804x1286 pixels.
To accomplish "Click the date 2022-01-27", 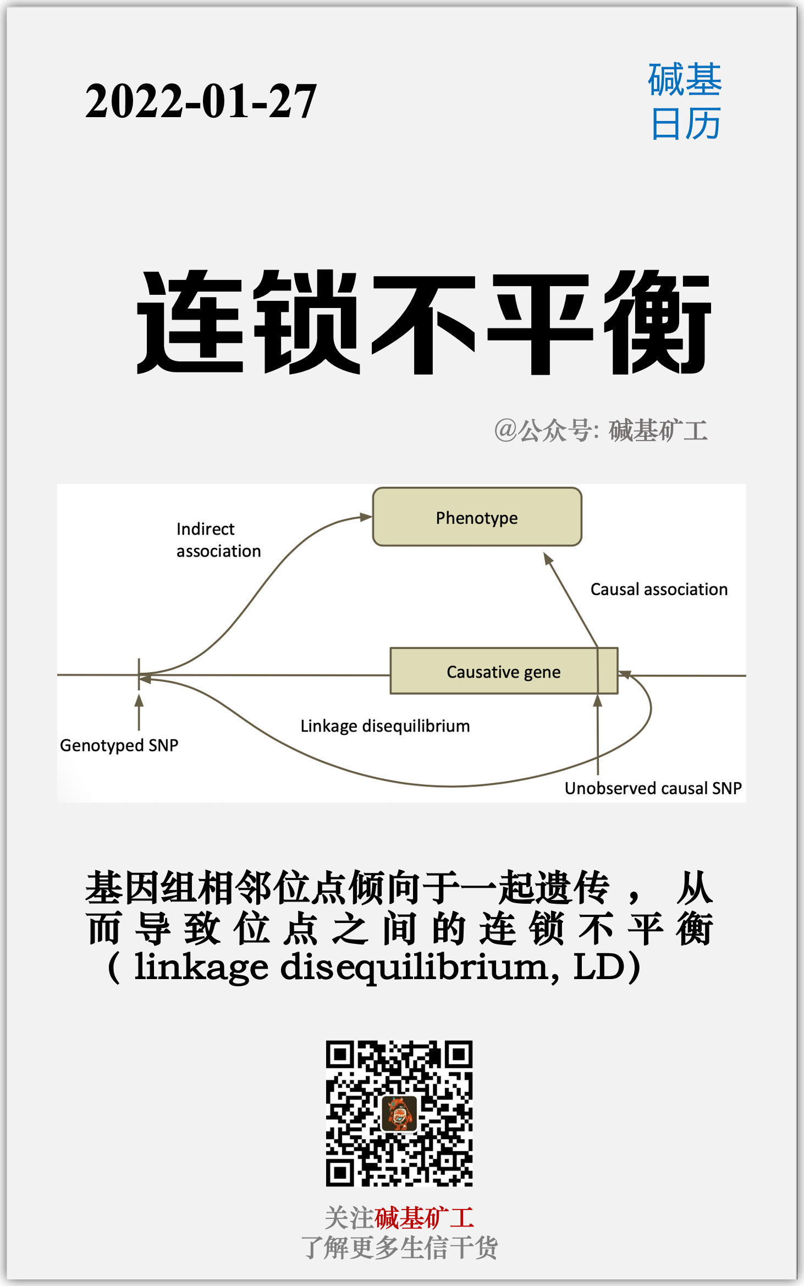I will tap(201, 102).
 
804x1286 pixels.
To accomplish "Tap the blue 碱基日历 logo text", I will tap(685, 102).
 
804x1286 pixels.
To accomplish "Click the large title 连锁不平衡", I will tap(423, 323).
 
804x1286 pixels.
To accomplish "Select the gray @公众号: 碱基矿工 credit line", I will tap(601, 430).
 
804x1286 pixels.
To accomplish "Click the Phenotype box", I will tap(477, 517).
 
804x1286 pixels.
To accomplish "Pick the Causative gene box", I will tap(503, 672).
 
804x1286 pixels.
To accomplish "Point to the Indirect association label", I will tap(218, 540).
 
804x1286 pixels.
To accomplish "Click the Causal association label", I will tap(658, 590).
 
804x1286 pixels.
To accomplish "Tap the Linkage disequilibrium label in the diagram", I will tap(385, 726).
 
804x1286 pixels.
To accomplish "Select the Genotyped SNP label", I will tap(119, 745).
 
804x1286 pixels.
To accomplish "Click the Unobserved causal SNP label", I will tap(653, 788).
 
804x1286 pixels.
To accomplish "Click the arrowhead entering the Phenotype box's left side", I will tap(366, 517).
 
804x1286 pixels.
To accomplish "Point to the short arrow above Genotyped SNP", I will tap(139, 711).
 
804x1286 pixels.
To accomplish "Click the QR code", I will tap(399, 1113).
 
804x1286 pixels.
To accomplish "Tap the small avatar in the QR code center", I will tap(399, 1113).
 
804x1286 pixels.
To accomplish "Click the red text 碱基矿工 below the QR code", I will tap(424, 1218).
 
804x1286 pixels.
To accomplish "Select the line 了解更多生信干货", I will tap(399, 1247).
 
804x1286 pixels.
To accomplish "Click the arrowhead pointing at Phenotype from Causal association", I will tap(548, 559).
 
